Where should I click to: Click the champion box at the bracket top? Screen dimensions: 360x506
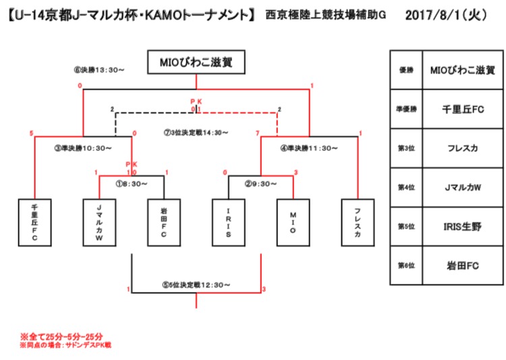click(x=196, y=63)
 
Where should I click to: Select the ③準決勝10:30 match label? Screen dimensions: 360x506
click(x=83, y=148)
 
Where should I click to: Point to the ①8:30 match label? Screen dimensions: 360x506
click(x=132, y=182)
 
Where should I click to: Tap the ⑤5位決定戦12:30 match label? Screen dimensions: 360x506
click(x=196, y=285)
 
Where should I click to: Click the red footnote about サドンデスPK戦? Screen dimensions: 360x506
click(x=65, y=344)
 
